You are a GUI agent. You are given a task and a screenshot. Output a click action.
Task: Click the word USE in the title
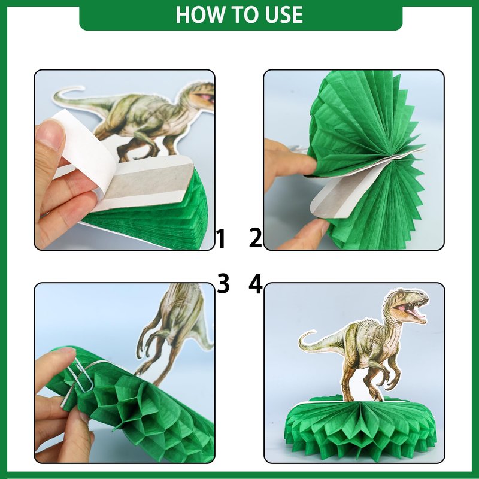[x=284, y=14]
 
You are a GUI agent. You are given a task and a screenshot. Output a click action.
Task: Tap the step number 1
[x=220, y=239]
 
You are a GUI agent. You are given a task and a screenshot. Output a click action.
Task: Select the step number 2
[x=256, y=237]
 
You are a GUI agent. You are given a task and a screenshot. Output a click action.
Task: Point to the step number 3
[x=223, y=283]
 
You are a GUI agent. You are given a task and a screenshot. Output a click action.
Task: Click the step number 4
[x=256, y=283]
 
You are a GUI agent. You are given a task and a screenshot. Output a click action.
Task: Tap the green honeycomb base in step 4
[x=360, y=428]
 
